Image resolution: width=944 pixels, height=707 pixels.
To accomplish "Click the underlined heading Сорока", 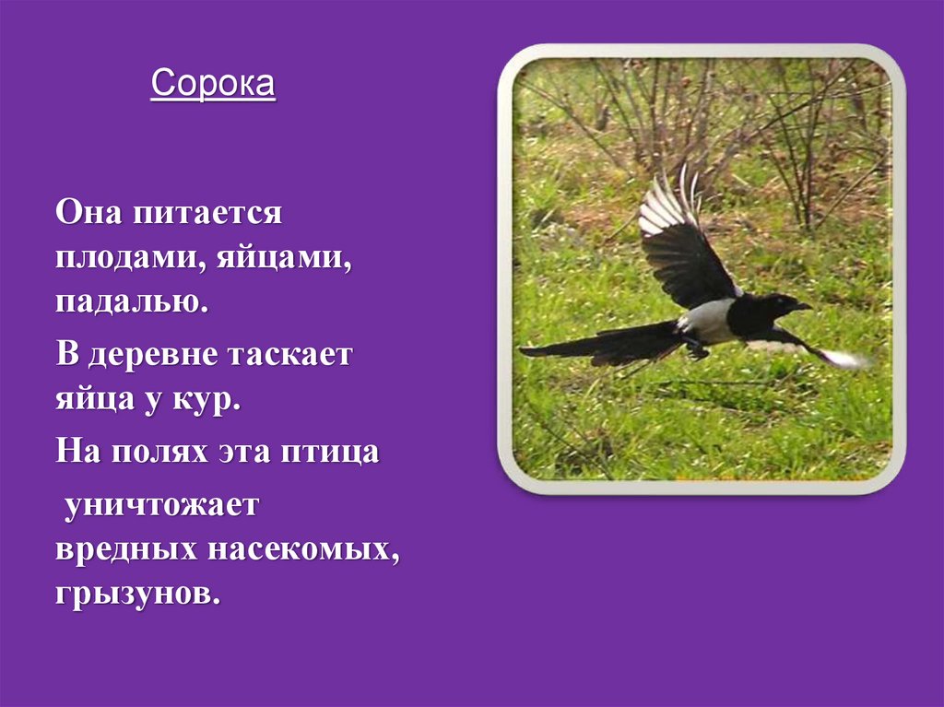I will [213, 85].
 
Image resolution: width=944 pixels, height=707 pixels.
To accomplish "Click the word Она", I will [88, 215].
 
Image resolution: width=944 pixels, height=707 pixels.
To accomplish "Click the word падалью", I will [131, 303].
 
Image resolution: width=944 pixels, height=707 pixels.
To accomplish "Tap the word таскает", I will [293, 355].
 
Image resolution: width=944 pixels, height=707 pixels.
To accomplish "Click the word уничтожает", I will [162, 503].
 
